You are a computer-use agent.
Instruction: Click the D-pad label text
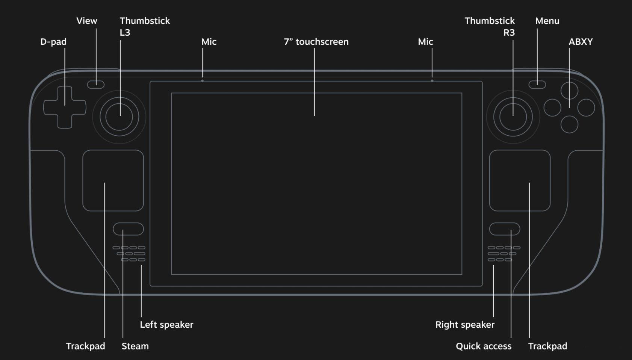[x=53, y=42]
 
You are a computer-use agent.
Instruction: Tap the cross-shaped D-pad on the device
[x=65, y=107]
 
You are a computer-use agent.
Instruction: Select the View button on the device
[x=96, y=84]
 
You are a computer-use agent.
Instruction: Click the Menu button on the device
[x=537, y=84]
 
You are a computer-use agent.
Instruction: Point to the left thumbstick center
[x=119, y=116]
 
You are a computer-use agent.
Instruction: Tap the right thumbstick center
[x=513, y=116]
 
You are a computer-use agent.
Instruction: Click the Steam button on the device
[x=129, y=229]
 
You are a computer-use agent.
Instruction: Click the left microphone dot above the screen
[x=202, y=81]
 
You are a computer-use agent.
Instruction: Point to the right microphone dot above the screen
[x=432, y=81]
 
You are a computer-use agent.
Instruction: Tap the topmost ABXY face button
[x=569, y=91]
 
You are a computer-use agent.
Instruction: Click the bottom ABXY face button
[x=569, y=124]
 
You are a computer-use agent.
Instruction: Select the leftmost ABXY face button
[x=552, y=107]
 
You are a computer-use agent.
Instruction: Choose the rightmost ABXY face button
[x=586, y=107]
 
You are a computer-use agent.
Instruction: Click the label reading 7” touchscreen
[x=316, y=42]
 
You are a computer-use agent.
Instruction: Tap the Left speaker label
[x=167, y=324]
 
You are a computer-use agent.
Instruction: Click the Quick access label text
[x=484, y=346]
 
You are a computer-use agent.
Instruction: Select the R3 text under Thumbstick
[x=509, y=33]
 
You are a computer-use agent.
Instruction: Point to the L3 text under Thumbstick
[x=125, y=33]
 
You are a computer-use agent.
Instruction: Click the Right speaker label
[x=465, y=324]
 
